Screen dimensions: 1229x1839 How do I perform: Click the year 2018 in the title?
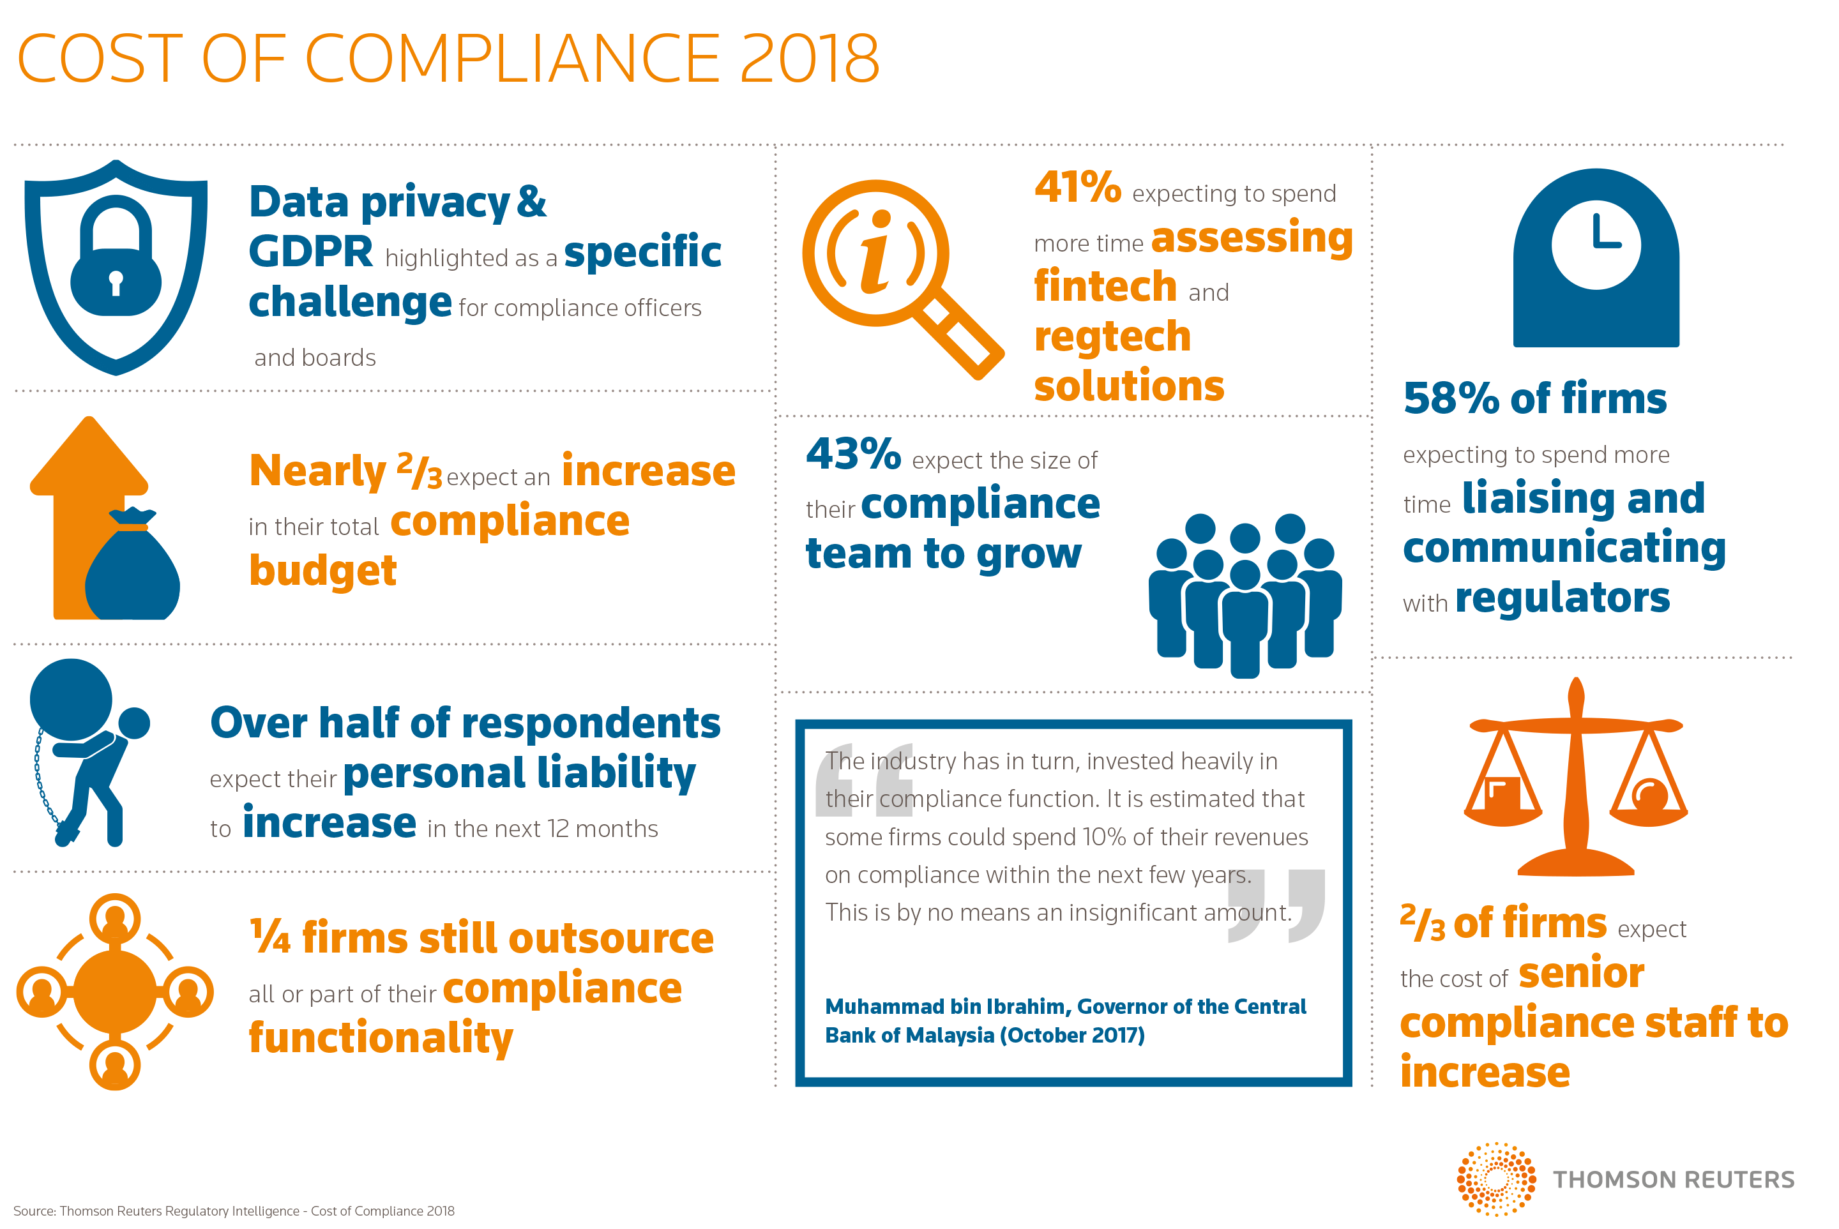click(809, 59)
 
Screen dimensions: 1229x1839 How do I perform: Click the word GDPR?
click(310, 252)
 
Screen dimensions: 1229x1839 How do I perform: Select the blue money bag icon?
click(132, 568)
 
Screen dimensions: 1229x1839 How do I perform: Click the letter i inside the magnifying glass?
click(876, 252)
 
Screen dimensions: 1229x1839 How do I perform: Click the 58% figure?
click(1451, 399)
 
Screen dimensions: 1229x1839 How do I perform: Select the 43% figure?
click(853, 454)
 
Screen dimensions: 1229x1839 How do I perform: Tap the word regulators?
click(1563, 598)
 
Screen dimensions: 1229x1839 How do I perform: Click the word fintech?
click(1105, 287)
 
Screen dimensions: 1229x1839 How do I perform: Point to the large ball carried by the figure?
click(70, 699)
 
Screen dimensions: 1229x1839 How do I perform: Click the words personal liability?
click(519, 774)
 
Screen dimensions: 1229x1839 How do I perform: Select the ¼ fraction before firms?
click(269, 937)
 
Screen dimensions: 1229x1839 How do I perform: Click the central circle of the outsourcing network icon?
click(114, 991)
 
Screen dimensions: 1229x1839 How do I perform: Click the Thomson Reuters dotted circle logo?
click(1495, 1179)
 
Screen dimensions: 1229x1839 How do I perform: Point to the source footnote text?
click(234, 1211)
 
